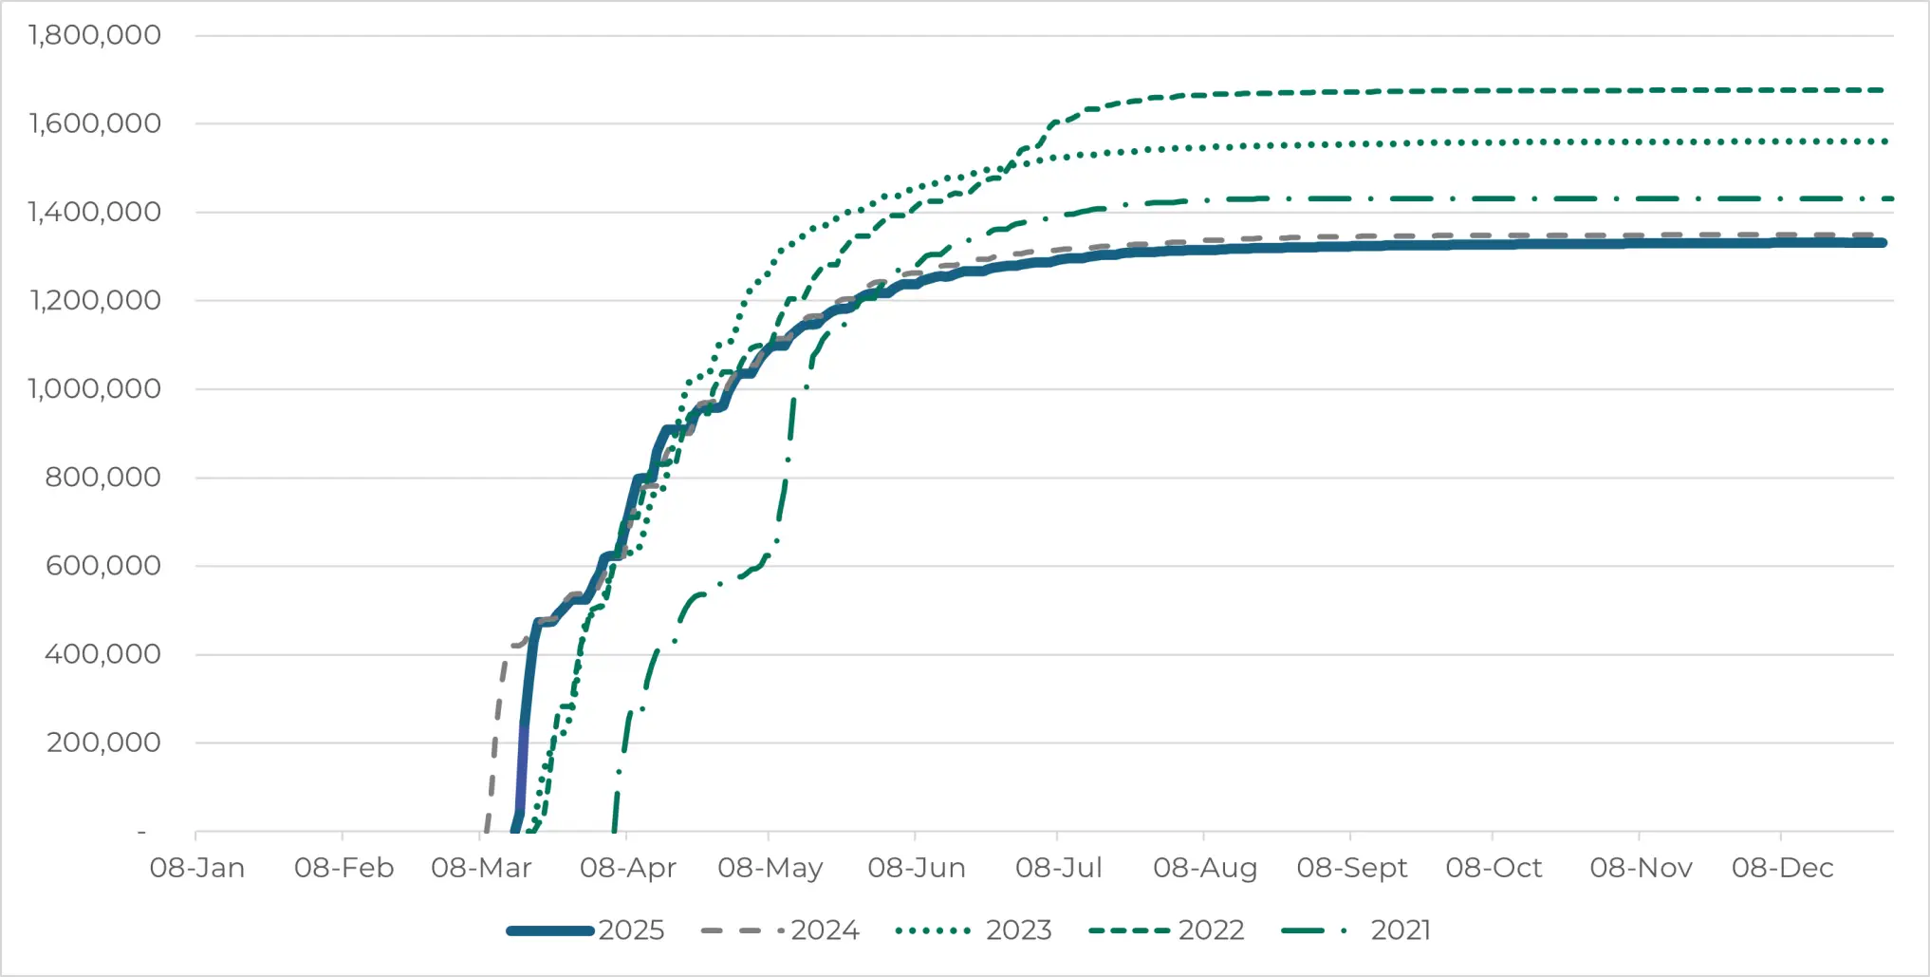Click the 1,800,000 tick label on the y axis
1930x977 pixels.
tap(95, 36)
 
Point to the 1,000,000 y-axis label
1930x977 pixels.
tap(95, 389)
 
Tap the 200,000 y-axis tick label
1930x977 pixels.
tap(103, 742)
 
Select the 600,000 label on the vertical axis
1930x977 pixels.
tap(103, 566)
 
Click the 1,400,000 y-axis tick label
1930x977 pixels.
tap(95, 213)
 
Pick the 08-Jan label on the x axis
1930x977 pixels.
tap(197, 868)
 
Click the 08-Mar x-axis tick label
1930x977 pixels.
tap(481, 868)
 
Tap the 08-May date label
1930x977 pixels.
tap(770, 868)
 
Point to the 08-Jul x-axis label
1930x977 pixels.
tap(1059, 868)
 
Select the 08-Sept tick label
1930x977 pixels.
tap(1352, 868)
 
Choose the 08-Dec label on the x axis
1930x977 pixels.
tap(1782, 868)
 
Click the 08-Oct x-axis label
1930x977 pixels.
tap(1494, 868)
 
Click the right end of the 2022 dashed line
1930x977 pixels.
tap(1884, 90)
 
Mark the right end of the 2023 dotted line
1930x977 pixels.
tap(1885, 141)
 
